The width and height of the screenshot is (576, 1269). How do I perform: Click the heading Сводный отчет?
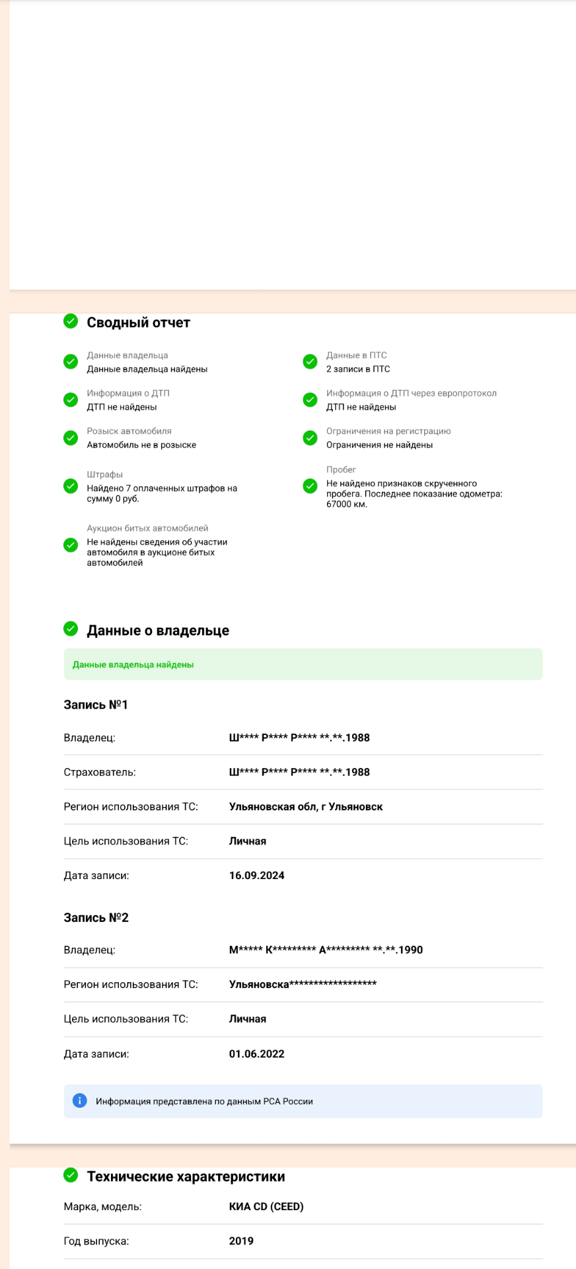click(138, 323)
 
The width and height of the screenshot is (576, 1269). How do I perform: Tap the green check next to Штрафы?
click(71, 486)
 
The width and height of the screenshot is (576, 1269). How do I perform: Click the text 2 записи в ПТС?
click(358, 369)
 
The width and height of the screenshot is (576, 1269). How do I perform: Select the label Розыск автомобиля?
click(129, 431)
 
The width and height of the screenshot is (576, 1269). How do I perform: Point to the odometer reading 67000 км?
click(347, 504)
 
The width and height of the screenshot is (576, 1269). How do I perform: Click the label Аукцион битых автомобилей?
click(147, 528)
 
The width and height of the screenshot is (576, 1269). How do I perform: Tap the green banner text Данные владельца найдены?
click(133, 665)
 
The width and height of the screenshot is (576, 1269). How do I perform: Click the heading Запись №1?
click(96, 705)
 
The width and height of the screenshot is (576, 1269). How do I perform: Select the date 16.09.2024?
click(256, 876)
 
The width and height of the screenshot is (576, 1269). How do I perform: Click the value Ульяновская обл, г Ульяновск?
click(306, 806)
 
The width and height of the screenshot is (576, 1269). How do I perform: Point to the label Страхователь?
click(100, 772)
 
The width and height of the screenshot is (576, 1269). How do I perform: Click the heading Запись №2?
click(96, 917)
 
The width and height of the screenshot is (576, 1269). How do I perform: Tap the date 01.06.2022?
click(256, 1054)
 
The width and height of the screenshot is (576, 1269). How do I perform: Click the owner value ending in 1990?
click(326, 950)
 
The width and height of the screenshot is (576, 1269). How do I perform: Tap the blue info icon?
click(79, 1100)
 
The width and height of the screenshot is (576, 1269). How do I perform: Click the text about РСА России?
click(204, 1101)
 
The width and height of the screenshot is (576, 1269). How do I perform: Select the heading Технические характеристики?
click(186, 1176)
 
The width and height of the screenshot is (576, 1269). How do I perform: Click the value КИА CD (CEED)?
click(266, 1206)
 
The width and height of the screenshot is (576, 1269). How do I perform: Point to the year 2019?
click(241, 1241)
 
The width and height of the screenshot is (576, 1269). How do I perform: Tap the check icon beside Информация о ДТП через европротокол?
click(310, 400)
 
